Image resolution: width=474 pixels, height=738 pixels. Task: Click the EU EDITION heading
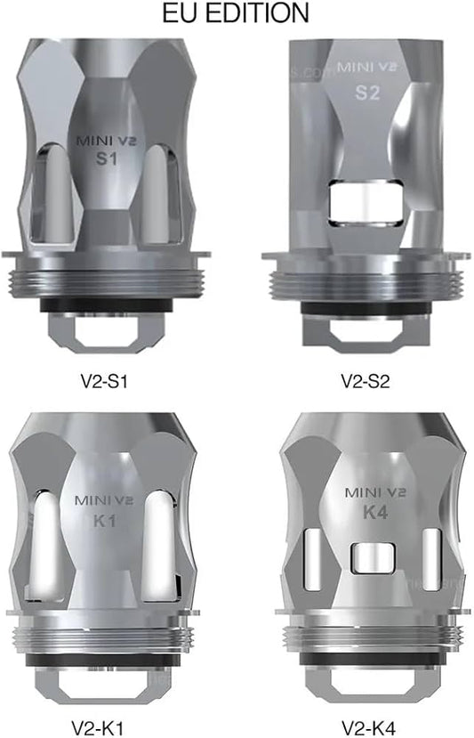pos(237,13)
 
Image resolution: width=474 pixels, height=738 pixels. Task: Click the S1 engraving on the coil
pos(105,158)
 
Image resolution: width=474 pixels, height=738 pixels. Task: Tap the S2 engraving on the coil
pos(367,92)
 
